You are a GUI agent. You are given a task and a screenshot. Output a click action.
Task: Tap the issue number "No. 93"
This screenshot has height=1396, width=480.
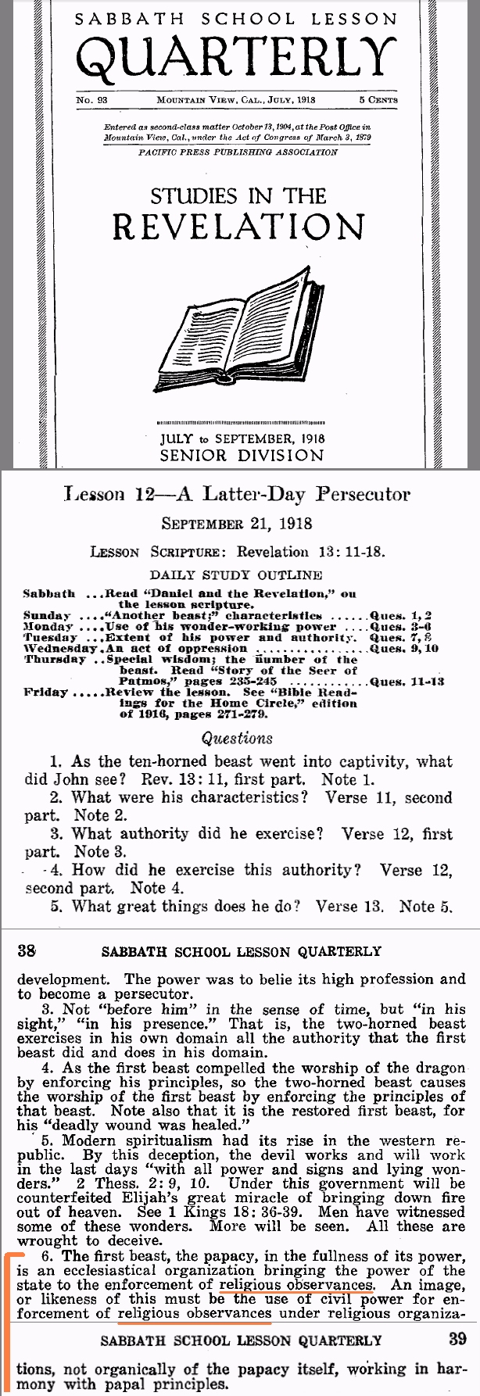pos(91,100)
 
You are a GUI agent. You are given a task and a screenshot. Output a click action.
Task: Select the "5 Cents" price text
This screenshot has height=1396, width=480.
pos(378,100)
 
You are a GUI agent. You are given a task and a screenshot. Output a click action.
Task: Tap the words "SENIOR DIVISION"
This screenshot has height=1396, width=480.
pos(241,454)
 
